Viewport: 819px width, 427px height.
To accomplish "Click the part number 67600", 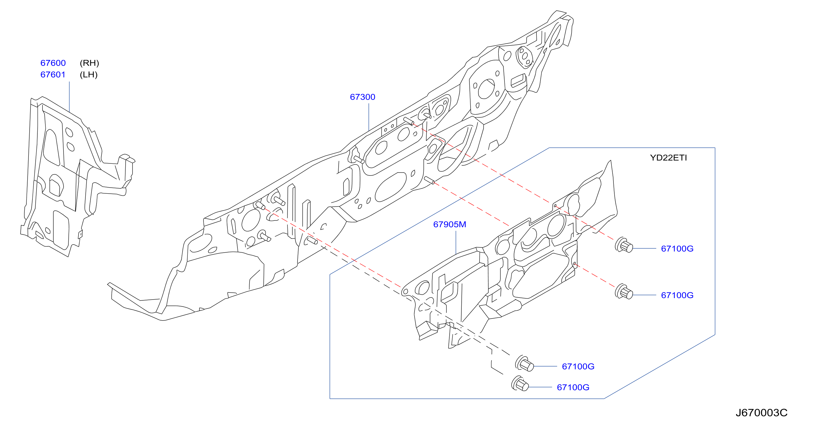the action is click(53, 63).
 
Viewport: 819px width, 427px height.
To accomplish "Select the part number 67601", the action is click(53, 75).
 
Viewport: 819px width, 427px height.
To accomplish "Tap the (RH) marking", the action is click(89, 63).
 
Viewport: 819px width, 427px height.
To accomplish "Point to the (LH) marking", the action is click(89, 75).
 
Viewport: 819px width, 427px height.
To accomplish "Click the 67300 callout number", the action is click(362, 97).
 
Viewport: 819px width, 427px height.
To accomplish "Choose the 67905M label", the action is click(450, 224).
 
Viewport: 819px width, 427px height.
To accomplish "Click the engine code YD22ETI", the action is click(668, 158).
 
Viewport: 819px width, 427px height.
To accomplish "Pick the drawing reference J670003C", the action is click(762, 413).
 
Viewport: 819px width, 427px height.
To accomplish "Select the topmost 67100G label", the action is click(677, 249).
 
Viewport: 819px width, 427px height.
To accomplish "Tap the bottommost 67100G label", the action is click(573, 387).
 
